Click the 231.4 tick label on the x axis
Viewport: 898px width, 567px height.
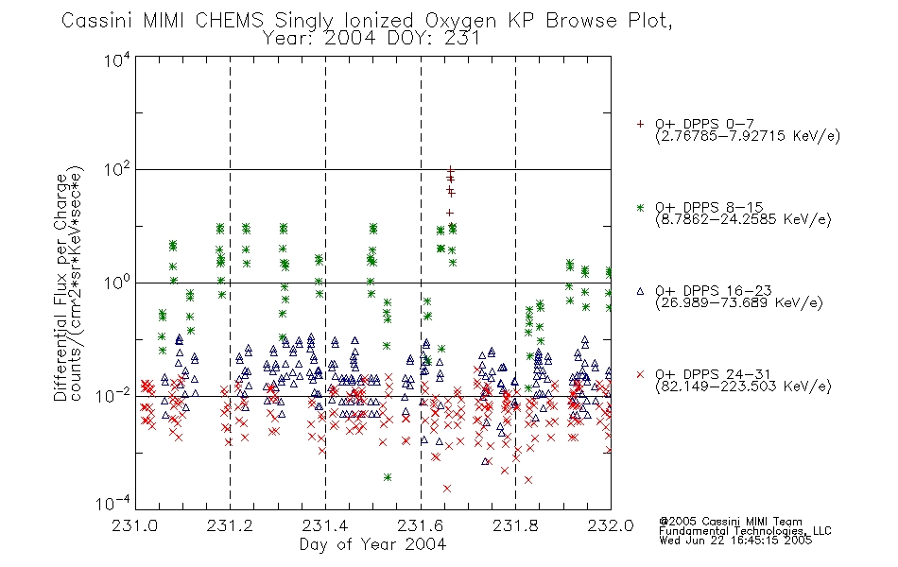(325, 525)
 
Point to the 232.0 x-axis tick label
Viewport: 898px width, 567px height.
(611, 525)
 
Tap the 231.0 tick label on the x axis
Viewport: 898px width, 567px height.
(134, 525)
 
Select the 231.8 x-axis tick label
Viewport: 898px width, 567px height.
(515, 525)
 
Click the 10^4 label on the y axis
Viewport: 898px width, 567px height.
(117, 60)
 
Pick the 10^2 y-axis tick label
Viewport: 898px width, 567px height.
(117, 170)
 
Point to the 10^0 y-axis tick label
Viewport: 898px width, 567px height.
(117, 283)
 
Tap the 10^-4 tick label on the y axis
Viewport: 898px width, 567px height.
(113, 504)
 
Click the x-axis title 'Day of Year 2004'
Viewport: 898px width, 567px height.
(372, 544)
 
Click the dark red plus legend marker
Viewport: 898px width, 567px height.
(640, 124)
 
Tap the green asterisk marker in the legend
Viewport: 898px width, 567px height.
(640, 207)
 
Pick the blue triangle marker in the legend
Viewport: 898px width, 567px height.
(640, 291)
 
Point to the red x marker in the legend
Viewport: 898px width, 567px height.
(640, 374)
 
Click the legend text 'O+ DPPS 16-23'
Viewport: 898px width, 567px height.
(714, 290)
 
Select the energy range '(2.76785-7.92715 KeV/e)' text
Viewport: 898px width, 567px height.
(748, 136)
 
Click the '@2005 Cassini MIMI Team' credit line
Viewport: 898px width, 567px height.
(730, 522)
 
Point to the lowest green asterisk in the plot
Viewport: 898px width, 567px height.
(388, 477)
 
